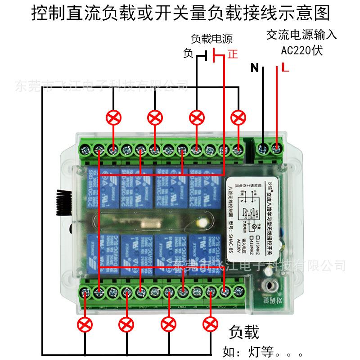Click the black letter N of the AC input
255,68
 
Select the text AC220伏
302,50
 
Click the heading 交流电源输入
301,35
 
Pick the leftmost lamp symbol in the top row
114,118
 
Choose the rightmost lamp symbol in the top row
238,118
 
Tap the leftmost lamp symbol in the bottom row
85,324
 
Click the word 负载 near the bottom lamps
244,332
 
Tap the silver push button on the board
270,285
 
